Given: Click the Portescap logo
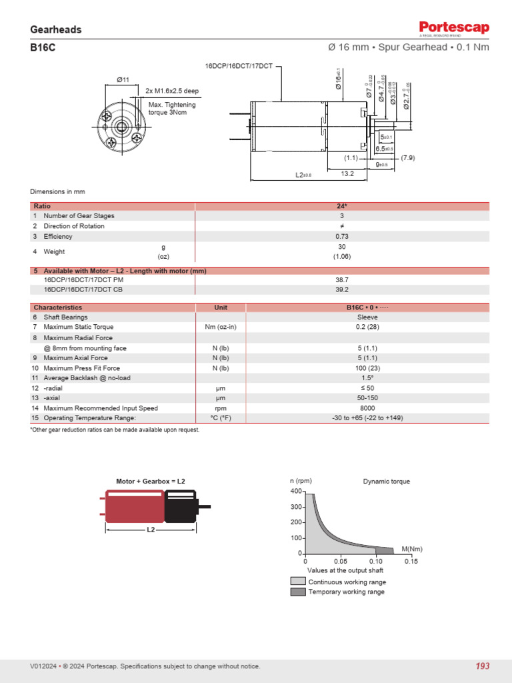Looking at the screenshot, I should [x=454, y=28].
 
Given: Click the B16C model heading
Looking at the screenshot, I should [x=43, y=47].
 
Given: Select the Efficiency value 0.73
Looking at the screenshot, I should [x=342, y=236].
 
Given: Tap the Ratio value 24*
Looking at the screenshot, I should [x=342, y=206].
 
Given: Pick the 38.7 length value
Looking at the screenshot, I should [x=342, y=280].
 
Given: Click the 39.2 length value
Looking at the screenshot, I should [x=342, y=290].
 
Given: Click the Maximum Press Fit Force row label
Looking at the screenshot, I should [x=81, y=368].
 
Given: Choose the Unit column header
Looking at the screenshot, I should [x=221, y=307].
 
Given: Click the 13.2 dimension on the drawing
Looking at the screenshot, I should [x=347, y=173].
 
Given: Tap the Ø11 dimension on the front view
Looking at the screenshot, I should [x=123, y=80].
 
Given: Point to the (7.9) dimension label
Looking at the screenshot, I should [x=408, y=158].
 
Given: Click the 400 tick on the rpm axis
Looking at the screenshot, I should [x=296, y=491].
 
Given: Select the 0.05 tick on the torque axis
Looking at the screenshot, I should [x=340, y=562].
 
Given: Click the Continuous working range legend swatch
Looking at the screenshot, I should [x=298, y=582].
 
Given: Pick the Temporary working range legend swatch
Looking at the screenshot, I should [x=298, y=592].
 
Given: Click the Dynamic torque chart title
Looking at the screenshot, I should [x=386, y=482].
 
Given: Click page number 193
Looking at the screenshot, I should [x=482, y=666].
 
